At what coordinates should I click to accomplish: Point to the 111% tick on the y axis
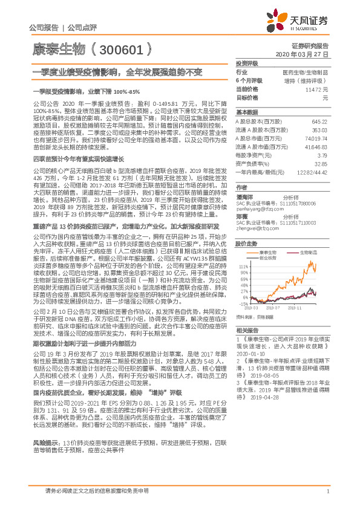(x=243, y=265)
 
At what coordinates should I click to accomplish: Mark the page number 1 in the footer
(x=327, y=491)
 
